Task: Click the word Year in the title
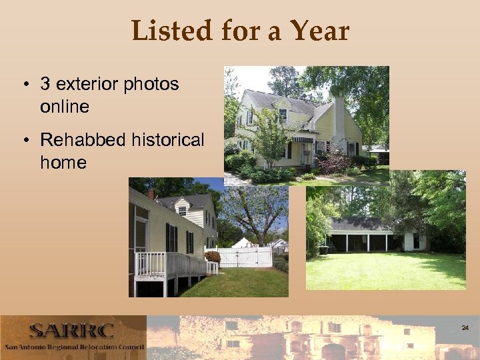coord(319,31)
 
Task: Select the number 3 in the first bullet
coord(45,84)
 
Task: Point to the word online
coord(64,106)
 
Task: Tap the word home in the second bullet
coord(63,162)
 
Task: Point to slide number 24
coord(465,328)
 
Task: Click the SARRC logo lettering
coord(71,331)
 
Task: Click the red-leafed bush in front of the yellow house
coord(333,162)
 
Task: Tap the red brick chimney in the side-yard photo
coord(152,195)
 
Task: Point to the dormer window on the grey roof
coord(182,209)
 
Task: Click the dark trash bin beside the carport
coord(324,249)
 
